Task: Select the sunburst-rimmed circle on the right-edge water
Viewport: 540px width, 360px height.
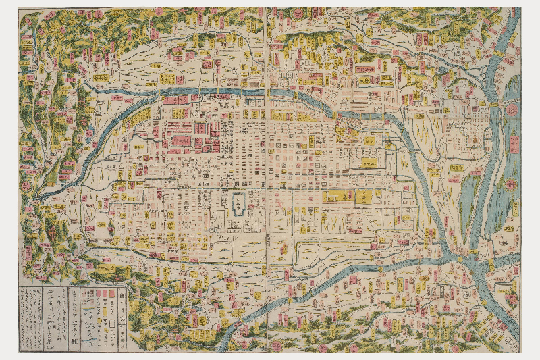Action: (511, 184)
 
